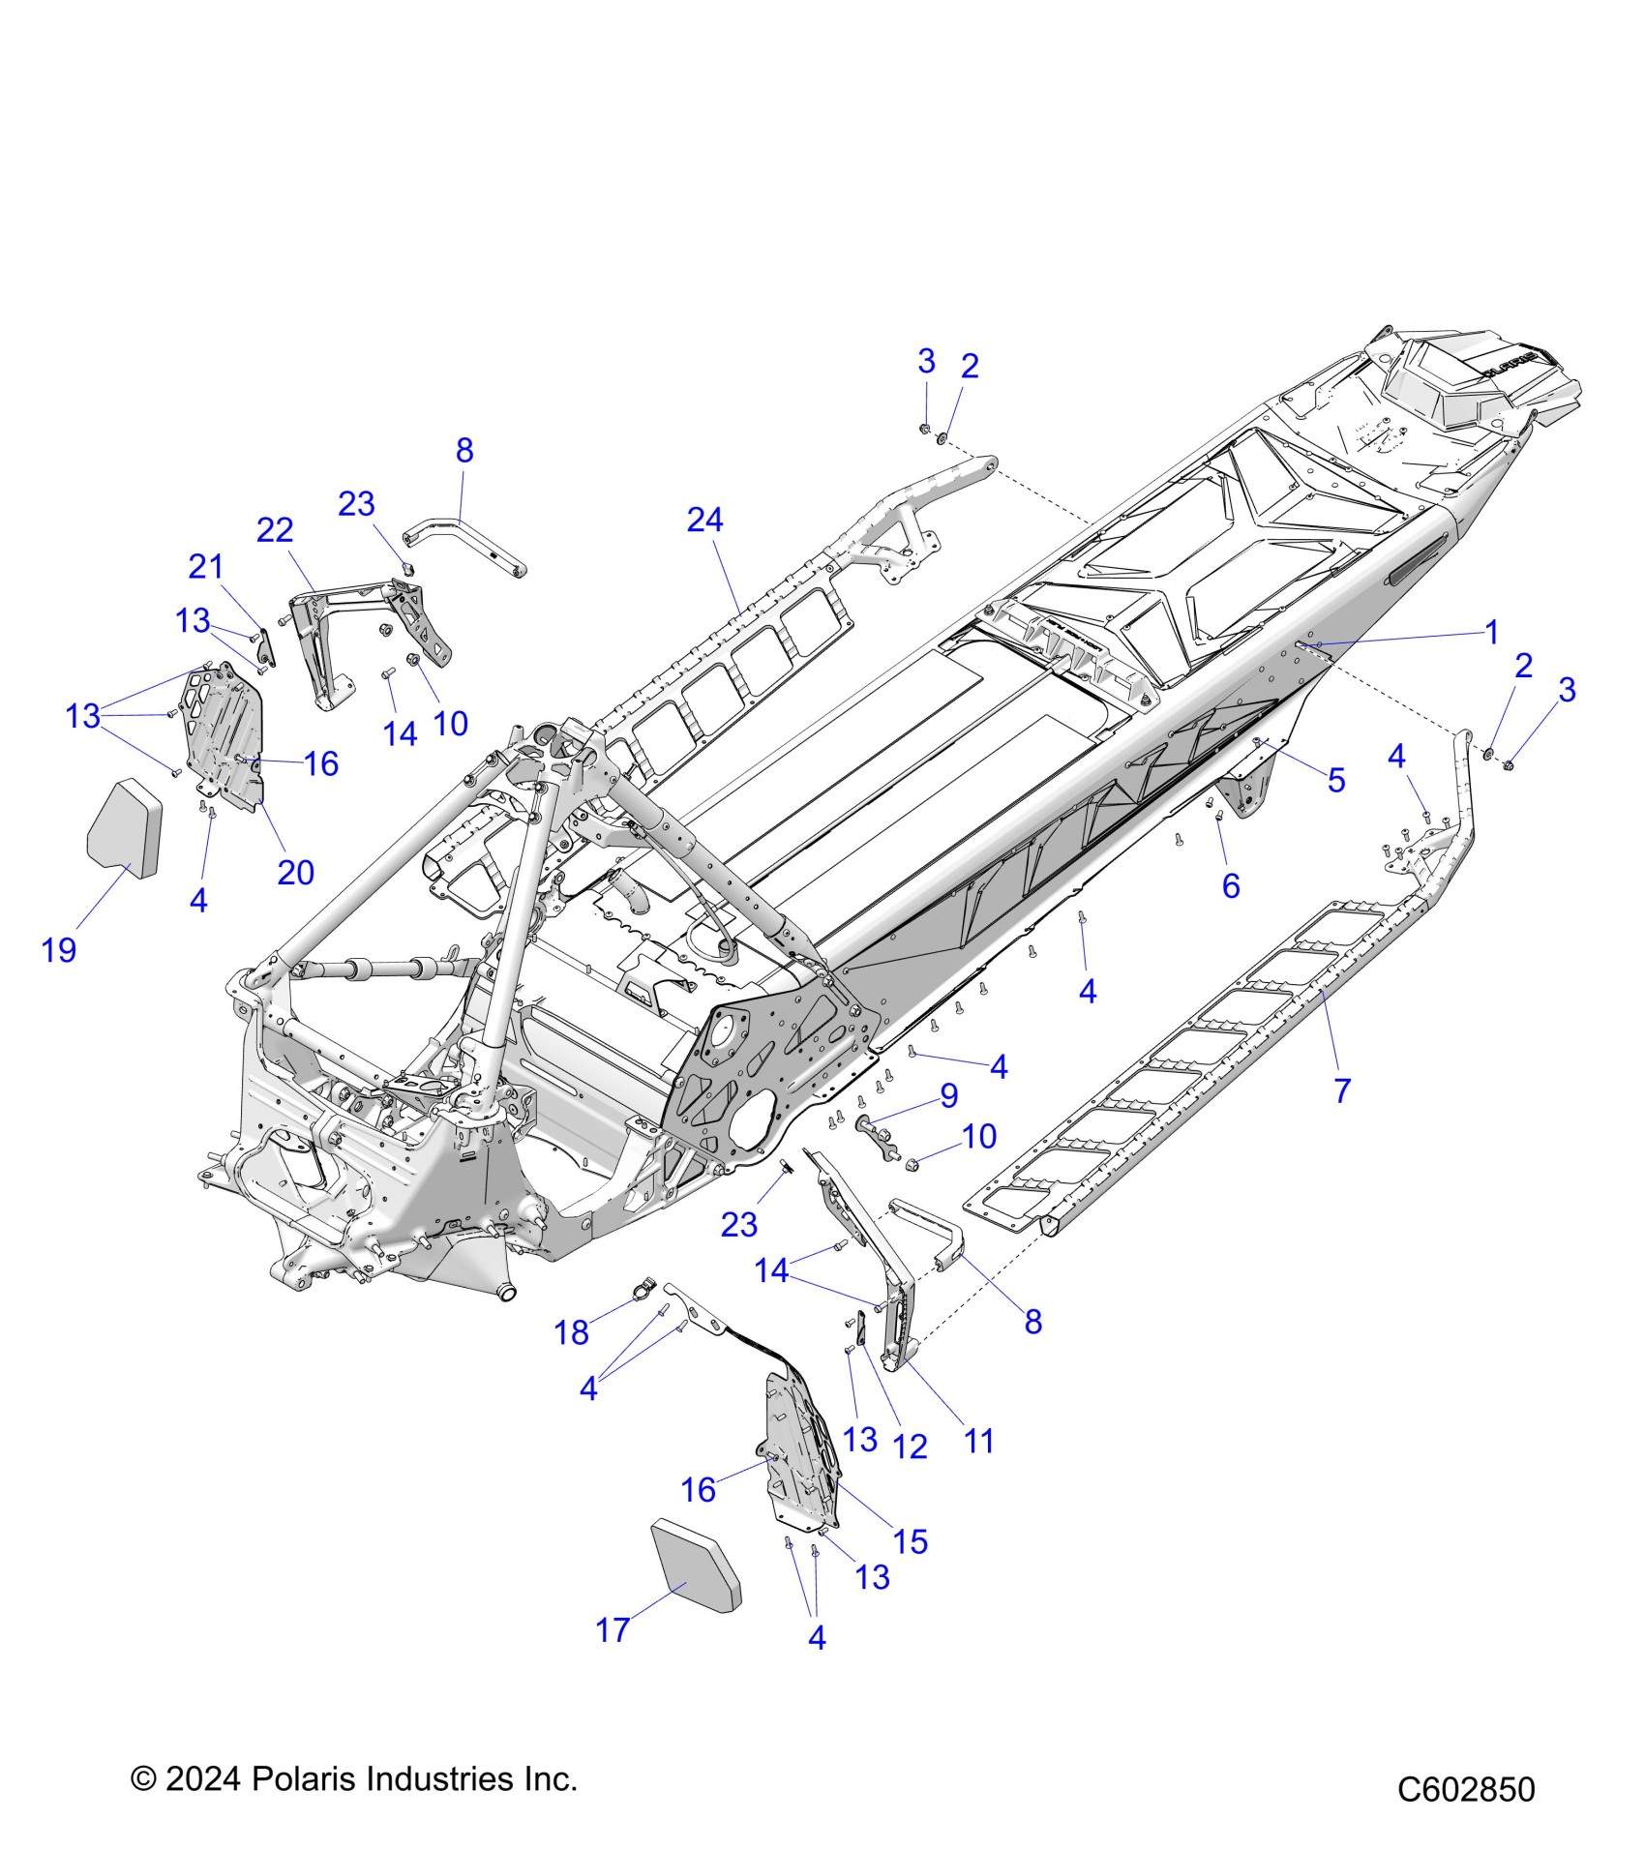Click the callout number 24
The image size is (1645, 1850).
[x=704, y=521]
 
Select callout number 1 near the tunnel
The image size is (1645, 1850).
[x=1491, y=633]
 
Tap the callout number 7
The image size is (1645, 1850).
[x=1341, y=1090]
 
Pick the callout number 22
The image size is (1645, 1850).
[x=275, y=530]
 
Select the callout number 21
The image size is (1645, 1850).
[x=205, y=566]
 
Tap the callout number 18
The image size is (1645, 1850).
[x=571, y=1332]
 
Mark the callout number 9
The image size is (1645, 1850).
[x=949, y=1095]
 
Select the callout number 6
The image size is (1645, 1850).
[x=1231, y=885]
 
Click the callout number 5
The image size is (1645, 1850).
[x=1335, y=780]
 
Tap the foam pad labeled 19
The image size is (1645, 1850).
[x=124, y=828]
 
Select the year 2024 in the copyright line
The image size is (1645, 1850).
[x=202, y=1778]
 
